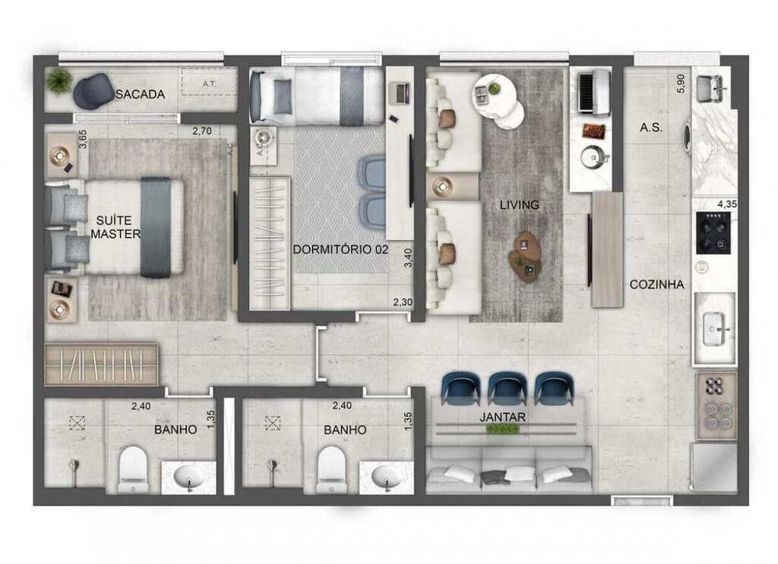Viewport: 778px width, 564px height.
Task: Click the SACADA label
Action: click(140, 94)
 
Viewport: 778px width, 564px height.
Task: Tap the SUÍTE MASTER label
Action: click(115, 226)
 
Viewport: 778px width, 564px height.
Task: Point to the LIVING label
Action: click(520, 204)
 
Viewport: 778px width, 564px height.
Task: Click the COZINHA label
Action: click(656, 284)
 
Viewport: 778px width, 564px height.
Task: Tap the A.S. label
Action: click(651, 128)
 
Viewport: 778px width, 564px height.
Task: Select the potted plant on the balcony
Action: click(59, 81)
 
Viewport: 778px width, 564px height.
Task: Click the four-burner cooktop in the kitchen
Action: click(713, 232)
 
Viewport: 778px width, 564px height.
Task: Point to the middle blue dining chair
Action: click(508, 388)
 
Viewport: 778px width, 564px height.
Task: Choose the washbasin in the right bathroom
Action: click(387, 477)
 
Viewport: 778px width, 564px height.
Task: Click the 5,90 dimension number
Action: click(681, 84)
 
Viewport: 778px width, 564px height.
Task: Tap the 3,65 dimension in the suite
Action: click(83, 141)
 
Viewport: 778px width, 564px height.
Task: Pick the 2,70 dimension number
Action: click(201, 131)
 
